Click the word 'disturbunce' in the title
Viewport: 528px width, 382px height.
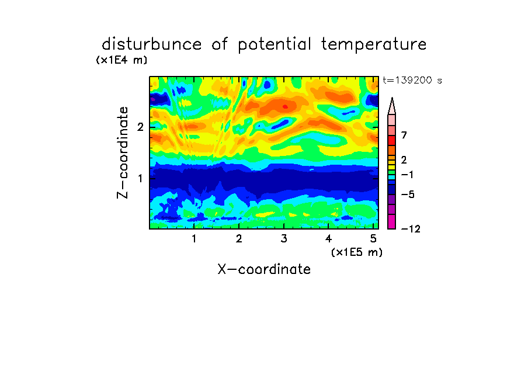(151, 44)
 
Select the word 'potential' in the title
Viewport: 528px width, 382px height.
(275, 45)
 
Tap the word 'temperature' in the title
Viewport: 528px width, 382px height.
(374, 45)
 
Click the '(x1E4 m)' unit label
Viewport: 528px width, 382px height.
(121, 60)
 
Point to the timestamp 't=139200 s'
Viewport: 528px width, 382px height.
(412, 80)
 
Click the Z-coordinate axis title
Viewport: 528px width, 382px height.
(122, 152)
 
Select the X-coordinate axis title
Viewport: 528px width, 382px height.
(264, 269)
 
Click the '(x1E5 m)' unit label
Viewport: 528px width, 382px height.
(357, 252)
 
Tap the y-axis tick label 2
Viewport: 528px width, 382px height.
(140, 127)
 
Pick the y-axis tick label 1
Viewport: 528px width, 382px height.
(140, 178)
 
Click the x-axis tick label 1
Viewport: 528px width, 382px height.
(194, 239)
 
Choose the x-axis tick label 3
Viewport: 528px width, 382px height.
(284, 239)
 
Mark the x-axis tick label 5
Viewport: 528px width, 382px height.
(373, 239)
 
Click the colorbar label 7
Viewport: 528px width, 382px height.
(404, 136)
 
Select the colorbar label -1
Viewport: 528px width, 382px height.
(407, 175)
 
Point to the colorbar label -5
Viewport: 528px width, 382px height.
(408, 195)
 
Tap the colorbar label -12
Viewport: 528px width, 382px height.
(411, 229)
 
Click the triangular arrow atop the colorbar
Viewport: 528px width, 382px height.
(392, 106)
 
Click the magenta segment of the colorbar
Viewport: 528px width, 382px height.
(392, 222)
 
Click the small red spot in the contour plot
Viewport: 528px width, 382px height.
(285, 107)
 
